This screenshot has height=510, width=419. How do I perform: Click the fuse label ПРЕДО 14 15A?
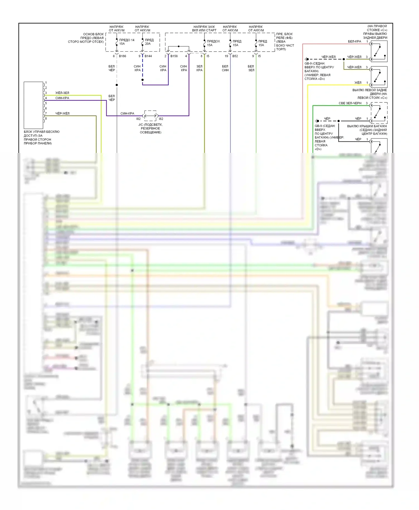[x=127, y=42]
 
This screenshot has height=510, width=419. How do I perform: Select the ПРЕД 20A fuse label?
[x=149, y=42]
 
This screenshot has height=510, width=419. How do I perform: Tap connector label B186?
[x=122, y=56]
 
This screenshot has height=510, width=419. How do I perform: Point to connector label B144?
[x=148, y=56]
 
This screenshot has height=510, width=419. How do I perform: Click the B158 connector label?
[x=174, y=56]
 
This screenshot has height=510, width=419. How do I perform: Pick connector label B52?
[x=235, y=56]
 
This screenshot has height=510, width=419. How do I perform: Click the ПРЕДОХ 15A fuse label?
[x=213, y=43]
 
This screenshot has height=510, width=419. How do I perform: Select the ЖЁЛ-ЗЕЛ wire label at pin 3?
[x=62, y=93]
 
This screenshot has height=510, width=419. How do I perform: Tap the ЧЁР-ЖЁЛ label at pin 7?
[x=62, y=114]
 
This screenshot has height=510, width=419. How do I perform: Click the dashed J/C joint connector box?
[x=150, y=116]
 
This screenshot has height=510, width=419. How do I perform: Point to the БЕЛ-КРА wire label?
[x=354, y=42]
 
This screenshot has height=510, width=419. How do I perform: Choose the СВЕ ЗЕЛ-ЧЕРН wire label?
[x=350, y=103]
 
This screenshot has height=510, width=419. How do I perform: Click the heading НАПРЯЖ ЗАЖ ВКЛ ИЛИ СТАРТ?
[x=204, y=28]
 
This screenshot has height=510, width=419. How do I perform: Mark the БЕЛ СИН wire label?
[x=225, y=68]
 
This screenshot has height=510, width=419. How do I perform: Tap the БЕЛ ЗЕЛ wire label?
[x=251, y=68]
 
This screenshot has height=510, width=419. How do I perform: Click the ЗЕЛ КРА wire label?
[x=199, y=68]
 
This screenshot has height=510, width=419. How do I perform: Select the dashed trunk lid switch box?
[x=379, y=113]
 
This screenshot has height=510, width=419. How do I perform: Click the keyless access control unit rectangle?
[x=33, y=105]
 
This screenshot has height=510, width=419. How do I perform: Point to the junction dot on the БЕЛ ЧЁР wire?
[x=117, y=85]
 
